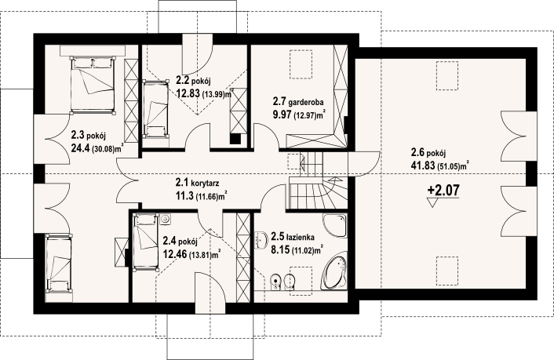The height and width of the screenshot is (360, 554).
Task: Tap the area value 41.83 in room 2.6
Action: (422, 165)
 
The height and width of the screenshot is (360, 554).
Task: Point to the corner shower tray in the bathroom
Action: (334, 225)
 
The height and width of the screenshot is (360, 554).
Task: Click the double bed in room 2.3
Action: (93, 85)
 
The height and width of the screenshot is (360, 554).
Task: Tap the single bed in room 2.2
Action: (155, 109)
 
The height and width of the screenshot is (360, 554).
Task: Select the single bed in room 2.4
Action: (145, 242)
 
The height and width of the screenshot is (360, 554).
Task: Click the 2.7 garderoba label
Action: (298, 102)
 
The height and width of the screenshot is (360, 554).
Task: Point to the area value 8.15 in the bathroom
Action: (279, 249)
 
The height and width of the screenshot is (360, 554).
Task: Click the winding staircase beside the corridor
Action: (318, 180)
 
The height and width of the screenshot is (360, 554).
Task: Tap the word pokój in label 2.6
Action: (436, 154)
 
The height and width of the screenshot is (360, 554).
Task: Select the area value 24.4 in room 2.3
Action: (81, 147)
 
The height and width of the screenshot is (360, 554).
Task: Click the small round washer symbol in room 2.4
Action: (166, 220)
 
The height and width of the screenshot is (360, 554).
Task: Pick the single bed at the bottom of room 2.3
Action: (59, 263)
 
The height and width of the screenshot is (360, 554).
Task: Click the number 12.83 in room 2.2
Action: (188, 93)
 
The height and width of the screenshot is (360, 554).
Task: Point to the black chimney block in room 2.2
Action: (235, 139)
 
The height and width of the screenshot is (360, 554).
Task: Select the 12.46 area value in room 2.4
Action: (175, 253)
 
